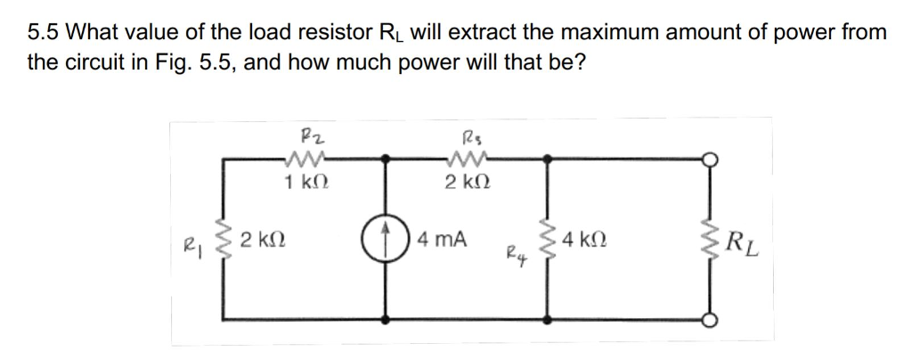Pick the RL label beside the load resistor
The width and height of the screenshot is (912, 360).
tap(744, 241)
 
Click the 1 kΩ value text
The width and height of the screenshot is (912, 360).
tap(302, 183)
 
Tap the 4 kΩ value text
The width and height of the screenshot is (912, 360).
tap(585, 240)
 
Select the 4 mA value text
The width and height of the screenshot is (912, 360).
tap(443, 240)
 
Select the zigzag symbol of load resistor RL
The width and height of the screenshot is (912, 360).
tap(712, 241)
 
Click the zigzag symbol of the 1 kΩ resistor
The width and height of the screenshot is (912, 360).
tap(302, 160)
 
